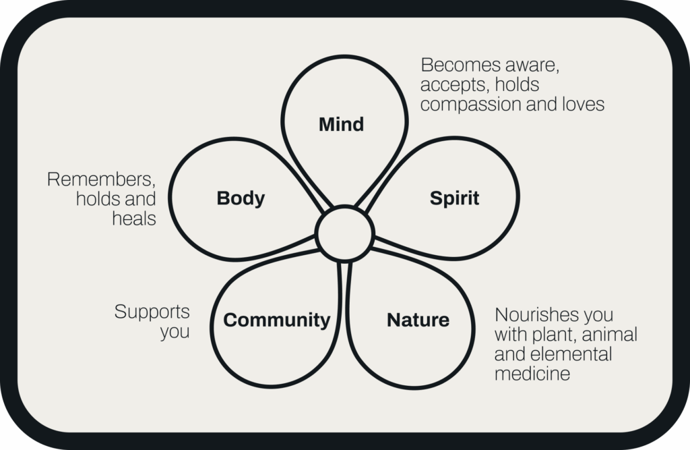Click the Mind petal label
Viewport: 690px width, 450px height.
[x=341, y=125]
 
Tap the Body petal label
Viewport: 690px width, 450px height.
[x=241, y=198]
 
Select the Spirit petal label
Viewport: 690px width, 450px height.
[x=454, y=198]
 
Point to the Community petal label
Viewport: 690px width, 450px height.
[x=276, y=320]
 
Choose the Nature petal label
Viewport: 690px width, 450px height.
[x=418, y=320]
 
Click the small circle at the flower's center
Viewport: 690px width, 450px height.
[x=344, y=233]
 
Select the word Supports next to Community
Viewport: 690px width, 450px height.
[x=152, y=312]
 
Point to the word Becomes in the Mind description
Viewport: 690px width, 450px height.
[x=461, y=65]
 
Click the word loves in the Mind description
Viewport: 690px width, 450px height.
[x=582, y=105]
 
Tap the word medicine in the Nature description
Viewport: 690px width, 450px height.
[x=532, y=373]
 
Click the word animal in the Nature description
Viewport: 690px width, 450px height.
[x=613, y=335]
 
